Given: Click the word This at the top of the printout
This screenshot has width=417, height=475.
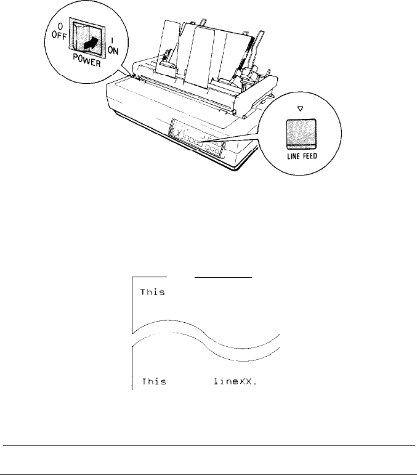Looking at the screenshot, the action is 153,293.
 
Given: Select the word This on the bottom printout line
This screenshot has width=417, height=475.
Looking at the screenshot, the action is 153,381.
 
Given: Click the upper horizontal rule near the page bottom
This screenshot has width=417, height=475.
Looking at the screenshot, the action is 208,445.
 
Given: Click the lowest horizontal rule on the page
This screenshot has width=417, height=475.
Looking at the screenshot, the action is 208,474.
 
